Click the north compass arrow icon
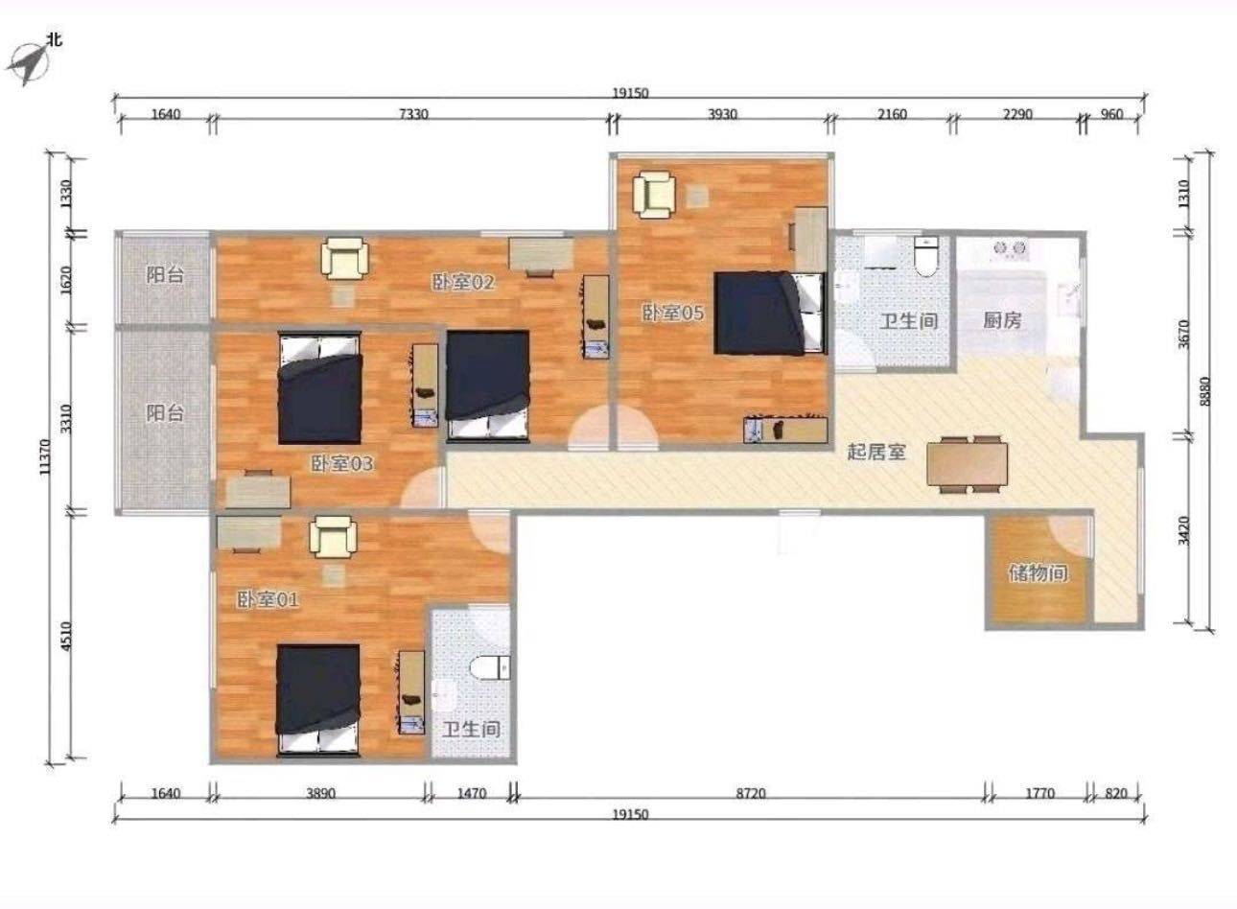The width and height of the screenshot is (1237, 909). (x=27, y=63)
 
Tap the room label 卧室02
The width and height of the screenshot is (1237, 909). (x=463, y=282)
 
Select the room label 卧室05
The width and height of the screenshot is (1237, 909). (x=672, y=314)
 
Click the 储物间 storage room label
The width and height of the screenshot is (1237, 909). (x=1039, y=573)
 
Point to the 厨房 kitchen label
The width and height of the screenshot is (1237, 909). (x=1002, y=320)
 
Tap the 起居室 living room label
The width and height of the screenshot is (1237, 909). (x=876, y=453)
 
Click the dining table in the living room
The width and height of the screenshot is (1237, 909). (x=968, y=464)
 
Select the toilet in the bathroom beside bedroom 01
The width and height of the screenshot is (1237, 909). (x=490, y=667)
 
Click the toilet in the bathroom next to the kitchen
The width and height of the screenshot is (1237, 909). (x=926, y=256)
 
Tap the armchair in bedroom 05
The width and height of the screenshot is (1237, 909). (x=654, y=195)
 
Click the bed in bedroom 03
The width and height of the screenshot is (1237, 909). (x=319, y=387)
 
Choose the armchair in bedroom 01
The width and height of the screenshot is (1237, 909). (x=333, y=537)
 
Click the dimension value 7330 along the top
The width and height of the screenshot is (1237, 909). (x=413, y=114)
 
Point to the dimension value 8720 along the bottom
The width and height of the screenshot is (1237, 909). (x=751, y=794)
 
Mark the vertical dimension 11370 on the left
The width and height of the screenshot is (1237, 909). (x=45, y=456)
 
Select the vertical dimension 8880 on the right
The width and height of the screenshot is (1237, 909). (x=1205, y=391)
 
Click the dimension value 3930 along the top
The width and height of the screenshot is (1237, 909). (x=722, y=114)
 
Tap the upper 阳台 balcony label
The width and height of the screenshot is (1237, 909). (x=165, y=274)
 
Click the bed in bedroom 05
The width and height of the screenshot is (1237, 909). (x=769, y=313)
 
